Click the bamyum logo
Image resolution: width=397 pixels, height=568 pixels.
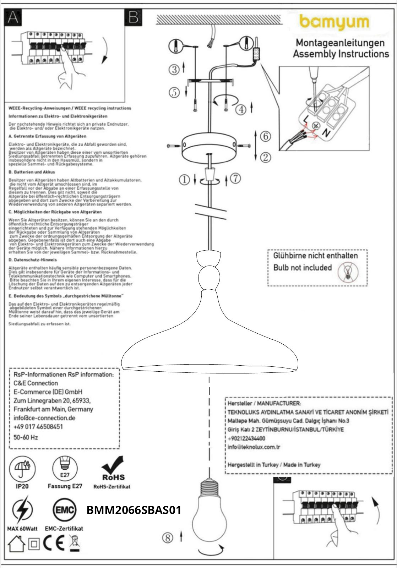pyautogui.click(x=335, y=22)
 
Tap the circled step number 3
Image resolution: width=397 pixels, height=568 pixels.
pyautogui.click(x=174, y=69)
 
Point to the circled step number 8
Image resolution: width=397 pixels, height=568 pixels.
pyautogui.click(x=168, y=538)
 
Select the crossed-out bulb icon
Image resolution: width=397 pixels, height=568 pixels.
pyautogui.click(x=348, y=272)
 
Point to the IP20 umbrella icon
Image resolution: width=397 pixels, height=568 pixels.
pyautogui.click(x=22, y=468)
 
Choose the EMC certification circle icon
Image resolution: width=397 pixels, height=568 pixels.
pyautogui.click(x=64, y=510)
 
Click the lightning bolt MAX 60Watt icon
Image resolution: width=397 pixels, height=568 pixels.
pyautogui.click(x=22, y=510)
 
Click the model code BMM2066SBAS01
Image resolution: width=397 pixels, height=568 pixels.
pyautogui.click(x=134, y=510)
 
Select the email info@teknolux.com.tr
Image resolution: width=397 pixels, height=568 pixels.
pyautogui.click(x=254, y=447)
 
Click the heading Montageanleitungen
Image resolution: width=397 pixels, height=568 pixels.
pyautogui.click(x=340, y=43)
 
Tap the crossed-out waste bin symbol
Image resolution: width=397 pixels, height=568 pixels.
pyautogui.click(x=75, y=543)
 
